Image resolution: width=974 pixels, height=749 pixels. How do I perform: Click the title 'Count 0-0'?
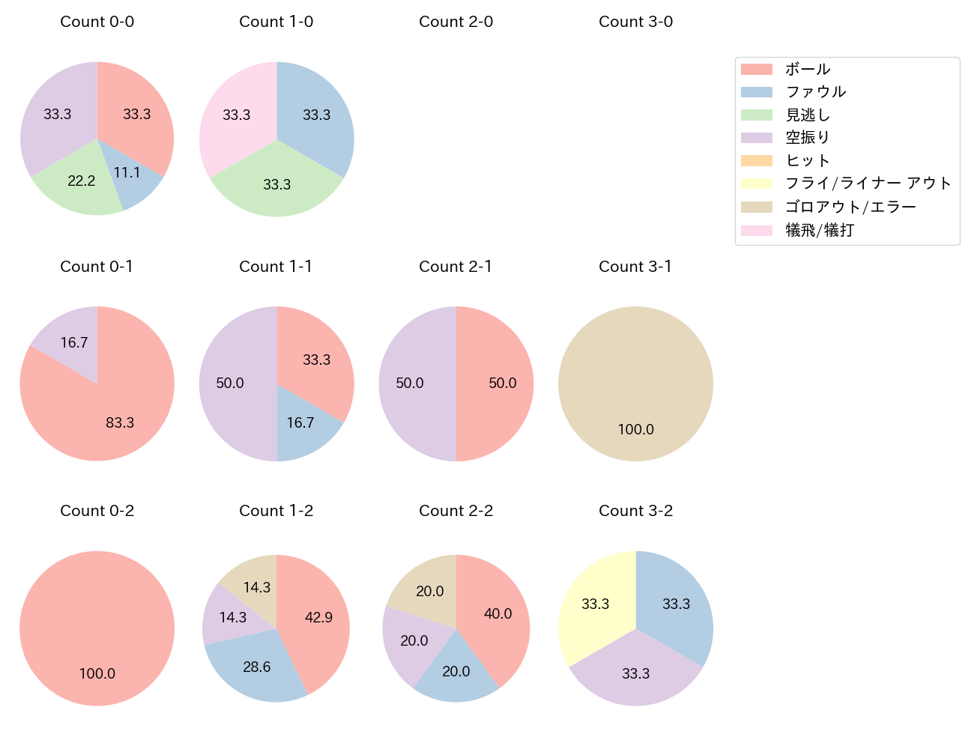97,22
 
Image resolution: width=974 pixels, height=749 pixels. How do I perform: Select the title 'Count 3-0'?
635,22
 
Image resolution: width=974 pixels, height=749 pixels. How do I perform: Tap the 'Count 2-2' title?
456,511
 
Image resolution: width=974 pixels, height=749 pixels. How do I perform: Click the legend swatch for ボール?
756,69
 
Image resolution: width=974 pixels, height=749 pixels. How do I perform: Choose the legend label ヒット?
808,160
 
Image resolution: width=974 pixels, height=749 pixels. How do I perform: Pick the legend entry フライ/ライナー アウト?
868,184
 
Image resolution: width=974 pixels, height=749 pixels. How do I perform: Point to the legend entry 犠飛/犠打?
820,230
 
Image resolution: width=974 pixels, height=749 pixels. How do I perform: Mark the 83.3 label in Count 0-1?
120,422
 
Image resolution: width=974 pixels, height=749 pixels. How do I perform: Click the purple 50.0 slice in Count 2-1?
412,383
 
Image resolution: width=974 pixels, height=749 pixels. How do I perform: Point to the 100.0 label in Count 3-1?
635,429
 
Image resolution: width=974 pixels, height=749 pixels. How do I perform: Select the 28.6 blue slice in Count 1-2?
255,668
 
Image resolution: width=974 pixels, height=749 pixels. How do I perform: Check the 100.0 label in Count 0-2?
97,673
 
